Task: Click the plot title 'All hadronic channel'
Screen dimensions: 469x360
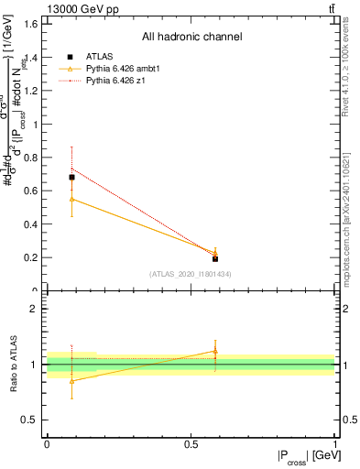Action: point(191,38)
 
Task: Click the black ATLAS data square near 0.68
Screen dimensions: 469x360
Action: point(71,177)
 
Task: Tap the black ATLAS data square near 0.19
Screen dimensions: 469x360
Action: point(215,259)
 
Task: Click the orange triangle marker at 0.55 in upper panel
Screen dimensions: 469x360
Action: point(71,199)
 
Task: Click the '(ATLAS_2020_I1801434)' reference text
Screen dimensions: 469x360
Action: point(191,275)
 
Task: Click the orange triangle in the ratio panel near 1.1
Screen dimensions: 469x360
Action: point(215,350)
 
